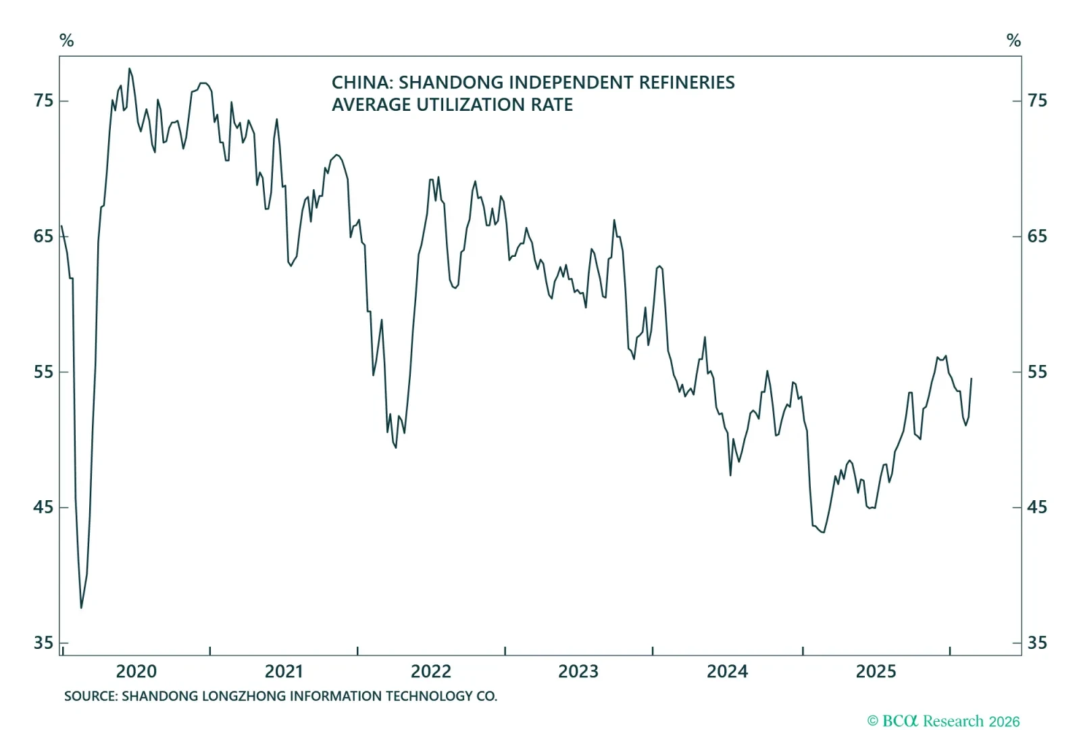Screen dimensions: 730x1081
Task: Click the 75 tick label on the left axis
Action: tap(43, 101)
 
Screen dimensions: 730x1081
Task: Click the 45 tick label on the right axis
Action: tap(1037, 507)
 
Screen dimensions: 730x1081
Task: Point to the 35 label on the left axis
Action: tap(43, 643)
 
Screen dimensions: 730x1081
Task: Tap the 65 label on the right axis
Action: tap(1037, 236)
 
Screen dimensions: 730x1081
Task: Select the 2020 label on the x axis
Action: tap(136, 671)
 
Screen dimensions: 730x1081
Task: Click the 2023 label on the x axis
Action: tap(578, 671)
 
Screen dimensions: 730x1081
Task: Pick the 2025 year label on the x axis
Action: tap(876, 671)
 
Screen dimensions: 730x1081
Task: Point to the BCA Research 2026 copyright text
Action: tap(943, 721)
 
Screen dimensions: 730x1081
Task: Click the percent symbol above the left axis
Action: tap(66, 41)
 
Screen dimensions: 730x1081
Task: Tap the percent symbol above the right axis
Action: tap(1013, 41)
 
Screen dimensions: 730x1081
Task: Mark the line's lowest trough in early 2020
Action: tap(81, 608)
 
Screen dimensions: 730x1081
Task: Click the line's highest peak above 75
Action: tap(130, 68)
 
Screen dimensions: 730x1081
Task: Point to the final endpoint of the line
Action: tap(971, 379)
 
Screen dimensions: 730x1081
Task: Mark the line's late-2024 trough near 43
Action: tap(823, 532)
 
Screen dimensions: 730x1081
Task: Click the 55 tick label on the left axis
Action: tap(43, 372)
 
